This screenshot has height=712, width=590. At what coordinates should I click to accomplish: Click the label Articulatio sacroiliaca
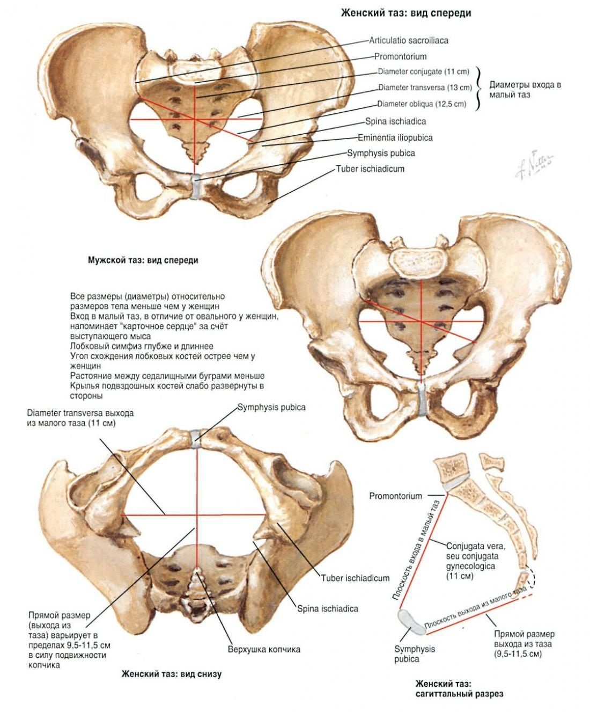click(408, 40)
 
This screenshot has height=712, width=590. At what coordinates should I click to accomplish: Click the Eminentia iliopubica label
click(395, 137)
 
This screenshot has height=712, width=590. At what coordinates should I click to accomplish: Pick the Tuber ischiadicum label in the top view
click(370, 169)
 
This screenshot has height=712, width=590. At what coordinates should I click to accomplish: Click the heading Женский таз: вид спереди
click(406, 13)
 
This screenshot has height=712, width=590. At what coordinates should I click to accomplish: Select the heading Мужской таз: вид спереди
click(143, 260)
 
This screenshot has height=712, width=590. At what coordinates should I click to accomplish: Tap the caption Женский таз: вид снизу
click(171, 674)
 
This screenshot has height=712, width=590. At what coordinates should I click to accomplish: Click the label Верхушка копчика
click(264, 649)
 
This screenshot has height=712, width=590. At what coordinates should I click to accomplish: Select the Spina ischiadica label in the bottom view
click(328, 608)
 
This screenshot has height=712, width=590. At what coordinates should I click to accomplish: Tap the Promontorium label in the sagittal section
click(395, 496)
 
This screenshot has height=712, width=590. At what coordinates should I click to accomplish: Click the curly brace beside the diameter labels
click(480, 88)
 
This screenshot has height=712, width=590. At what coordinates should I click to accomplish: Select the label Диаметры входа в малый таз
click(525, 89)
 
